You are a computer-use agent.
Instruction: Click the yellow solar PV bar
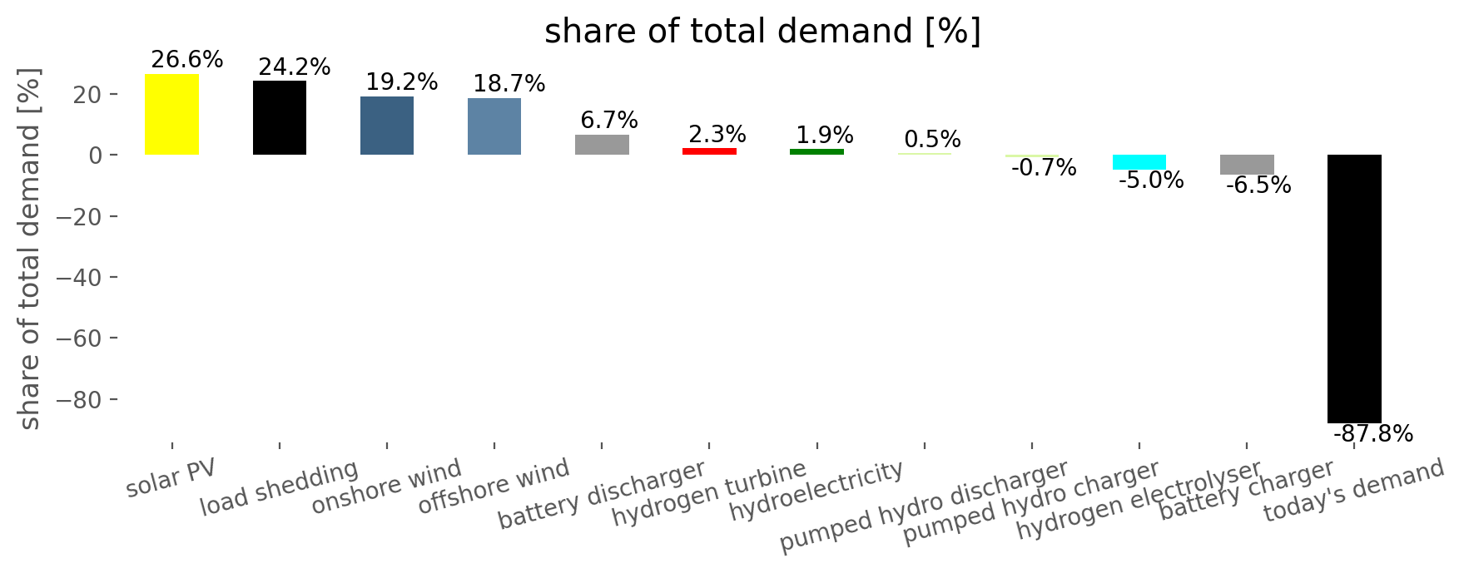171,115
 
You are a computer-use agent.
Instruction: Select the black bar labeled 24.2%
280,118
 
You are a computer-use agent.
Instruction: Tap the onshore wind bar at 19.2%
387,126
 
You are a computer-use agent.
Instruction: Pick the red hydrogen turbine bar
709,151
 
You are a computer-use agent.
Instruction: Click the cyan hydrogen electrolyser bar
1139,162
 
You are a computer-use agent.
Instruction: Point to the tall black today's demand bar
1354,289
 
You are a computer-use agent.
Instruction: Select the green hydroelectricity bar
816,152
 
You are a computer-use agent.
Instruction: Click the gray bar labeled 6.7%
602,145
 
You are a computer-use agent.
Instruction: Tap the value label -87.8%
1373,434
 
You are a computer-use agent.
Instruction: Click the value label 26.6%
187,60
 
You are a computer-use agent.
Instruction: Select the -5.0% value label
1151,180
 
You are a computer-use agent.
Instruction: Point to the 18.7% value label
509,84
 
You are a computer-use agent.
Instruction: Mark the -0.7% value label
1044,168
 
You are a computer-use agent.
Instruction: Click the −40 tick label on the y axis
77,278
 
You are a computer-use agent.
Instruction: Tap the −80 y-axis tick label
77,400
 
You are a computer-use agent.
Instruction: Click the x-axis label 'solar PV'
171,478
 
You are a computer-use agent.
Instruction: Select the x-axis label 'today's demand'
1354,491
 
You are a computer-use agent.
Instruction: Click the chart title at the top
763,32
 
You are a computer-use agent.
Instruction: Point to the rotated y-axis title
30,249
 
